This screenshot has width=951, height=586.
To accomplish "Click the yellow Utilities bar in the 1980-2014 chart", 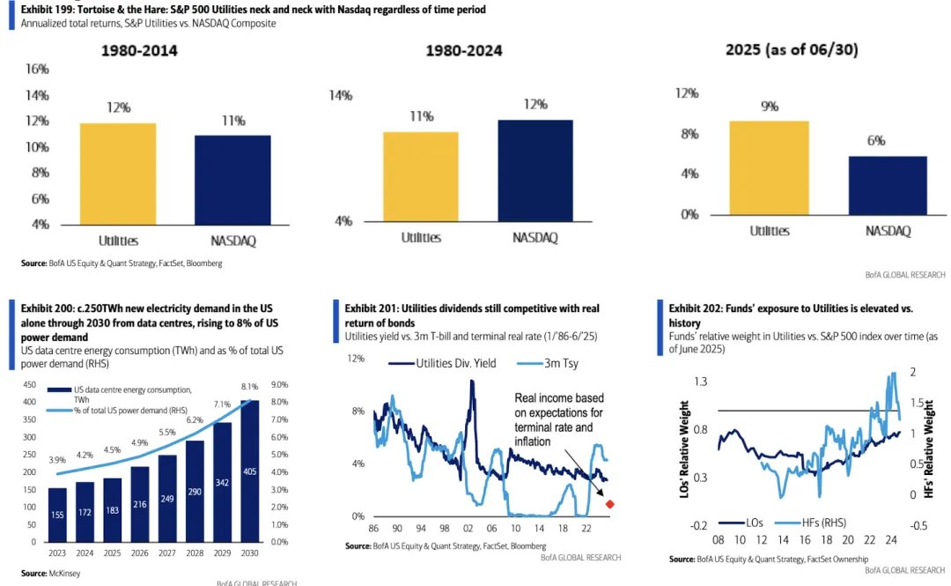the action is point(118,174).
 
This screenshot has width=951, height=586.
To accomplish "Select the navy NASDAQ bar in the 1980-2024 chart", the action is point(535,171).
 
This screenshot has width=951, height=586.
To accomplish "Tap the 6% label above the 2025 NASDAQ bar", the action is point(876,141).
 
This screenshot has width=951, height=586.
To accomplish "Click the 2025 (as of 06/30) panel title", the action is point(792,50).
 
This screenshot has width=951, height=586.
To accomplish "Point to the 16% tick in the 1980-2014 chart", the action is point(37,70).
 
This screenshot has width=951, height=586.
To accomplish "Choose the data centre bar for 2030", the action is point(250,471).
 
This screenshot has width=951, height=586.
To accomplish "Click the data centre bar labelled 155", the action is point(57,515).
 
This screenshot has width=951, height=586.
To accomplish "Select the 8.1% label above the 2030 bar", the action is point(249,386).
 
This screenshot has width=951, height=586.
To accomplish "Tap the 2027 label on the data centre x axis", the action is point(167,553).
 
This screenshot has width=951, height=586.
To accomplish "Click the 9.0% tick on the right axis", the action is point(280,384).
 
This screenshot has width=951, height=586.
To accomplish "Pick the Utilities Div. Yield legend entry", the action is point(442,363).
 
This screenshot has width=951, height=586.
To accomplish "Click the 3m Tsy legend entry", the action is point(548,363).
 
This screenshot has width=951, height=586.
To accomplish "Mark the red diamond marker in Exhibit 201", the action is point(610,504).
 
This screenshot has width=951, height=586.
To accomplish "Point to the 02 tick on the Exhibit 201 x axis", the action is point(468,529).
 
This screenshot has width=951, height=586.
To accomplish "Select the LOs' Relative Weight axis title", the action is point(685,449).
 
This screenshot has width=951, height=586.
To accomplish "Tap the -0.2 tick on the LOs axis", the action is point(698,525).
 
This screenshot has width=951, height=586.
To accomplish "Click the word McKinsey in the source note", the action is point(64,574).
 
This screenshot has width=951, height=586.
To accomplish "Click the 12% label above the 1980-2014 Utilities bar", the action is point(118,108).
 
